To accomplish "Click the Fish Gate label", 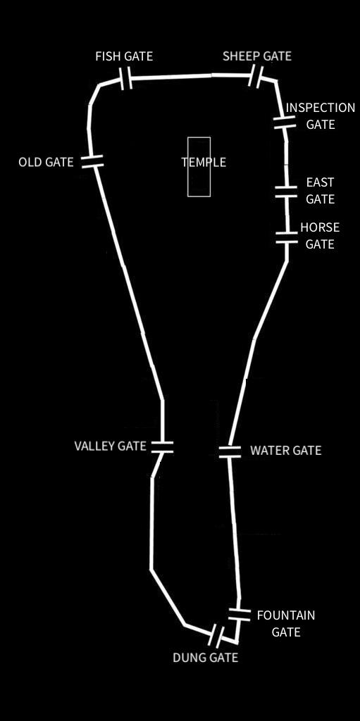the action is click(124, 56).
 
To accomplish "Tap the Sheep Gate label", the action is click(257, 56).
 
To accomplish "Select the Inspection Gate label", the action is click(321, 116).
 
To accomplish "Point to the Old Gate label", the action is click(46, 162).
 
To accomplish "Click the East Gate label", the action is click(321, 191).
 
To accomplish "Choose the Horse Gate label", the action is click(320, 235).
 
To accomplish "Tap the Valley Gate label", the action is click(110, 446).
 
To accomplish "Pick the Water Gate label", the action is click(286, 451).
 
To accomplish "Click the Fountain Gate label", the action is click(286, 624).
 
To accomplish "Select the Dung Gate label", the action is click(205, 658).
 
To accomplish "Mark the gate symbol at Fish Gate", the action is click(125, 79).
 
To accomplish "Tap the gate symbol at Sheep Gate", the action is click(256, 76).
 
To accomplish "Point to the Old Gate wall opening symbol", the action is click(92, 161).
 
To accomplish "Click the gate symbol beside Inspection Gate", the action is click(285, 123).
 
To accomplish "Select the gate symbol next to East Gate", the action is click(286, 192).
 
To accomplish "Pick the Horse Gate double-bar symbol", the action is click(286, 238).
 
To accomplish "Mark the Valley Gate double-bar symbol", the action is click(162, 447).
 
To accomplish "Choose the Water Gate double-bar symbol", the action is click(230, 451).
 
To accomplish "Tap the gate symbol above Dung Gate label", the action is click(216, 636).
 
